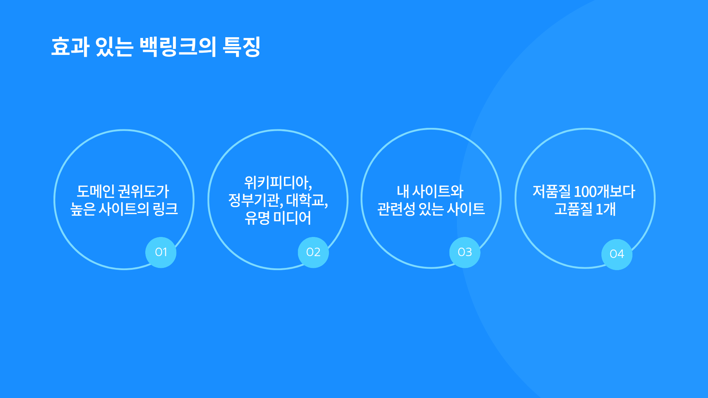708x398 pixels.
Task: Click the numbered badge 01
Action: point(161,252)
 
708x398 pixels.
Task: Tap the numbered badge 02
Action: point(313,252)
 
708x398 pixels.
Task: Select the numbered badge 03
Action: point(465,252)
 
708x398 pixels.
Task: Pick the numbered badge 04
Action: point(617,254)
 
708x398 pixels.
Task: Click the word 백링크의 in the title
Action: point(178,47)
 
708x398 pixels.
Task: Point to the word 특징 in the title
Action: point(242,47)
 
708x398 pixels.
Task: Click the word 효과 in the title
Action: point(70,47)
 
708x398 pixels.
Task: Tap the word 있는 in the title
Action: point(114,47)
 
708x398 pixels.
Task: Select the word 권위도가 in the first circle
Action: point(144,191)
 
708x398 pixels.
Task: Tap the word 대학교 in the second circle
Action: point(305,200)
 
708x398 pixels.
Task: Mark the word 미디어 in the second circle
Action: point(292,218)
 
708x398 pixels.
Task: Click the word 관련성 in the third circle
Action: point(396,209)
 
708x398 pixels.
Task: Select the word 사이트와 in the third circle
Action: point(438,191)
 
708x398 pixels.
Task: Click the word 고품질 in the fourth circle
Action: point(573,209)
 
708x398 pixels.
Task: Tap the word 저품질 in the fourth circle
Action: point(552,191)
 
